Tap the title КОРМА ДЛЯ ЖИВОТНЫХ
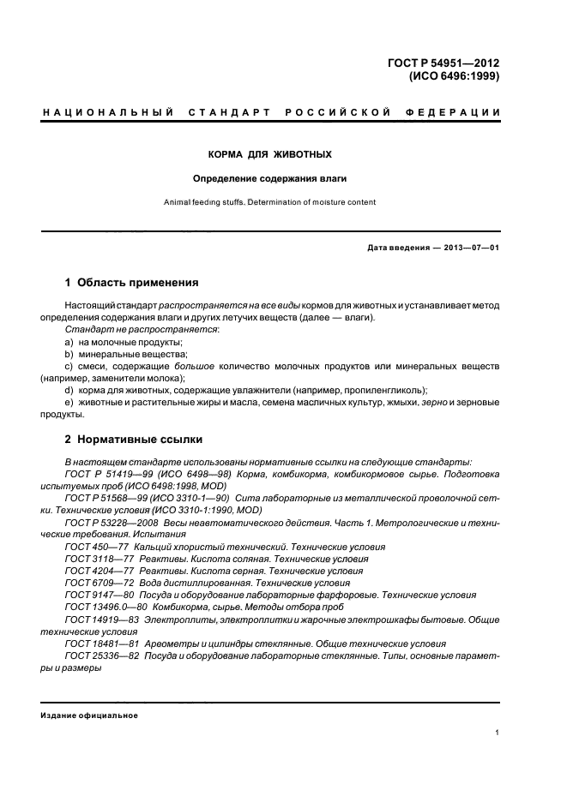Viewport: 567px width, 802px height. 270,155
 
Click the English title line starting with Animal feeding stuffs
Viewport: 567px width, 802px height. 270,203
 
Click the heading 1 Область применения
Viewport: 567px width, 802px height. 132,282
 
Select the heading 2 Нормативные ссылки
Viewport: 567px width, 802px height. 134,440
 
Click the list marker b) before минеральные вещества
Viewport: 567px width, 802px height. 69,353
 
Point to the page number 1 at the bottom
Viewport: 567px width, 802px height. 498,733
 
